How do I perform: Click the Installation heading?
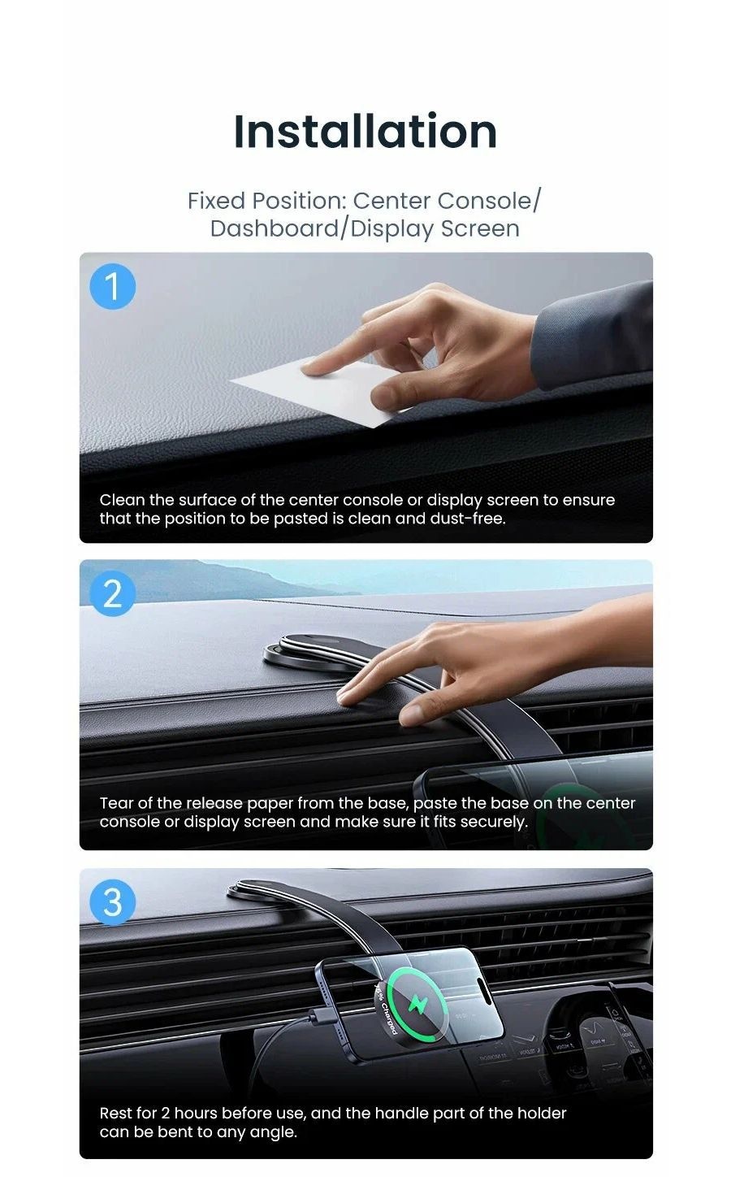[x=365, y=131]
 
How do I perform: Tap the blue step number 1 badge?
[x=112, y=287]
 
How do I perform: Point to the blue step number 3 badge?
[x=112, y=903]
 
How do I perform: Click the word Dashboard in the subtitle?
[x=275, y=228]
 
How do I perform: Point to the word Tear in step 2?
[x=115, y=803]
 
